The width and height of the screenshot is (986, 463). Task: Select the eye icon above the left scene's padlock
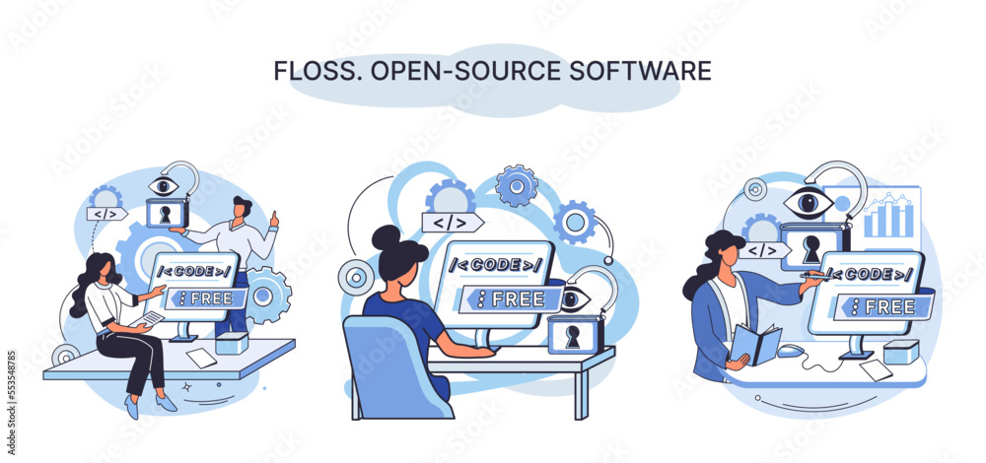164,184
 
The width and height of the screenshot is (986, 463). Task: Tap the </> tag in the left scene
107,214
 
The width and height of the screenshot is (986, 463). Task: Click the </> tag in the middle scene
450,223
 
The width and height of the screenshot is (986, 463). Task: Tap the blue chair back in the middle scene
385,364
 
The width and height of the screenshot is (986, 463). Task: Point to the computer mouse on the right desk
790,350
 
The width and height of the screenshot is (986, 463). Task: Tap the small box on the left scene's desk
233,343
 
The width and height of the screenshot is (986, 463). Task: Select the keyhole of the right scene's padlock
810,250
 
